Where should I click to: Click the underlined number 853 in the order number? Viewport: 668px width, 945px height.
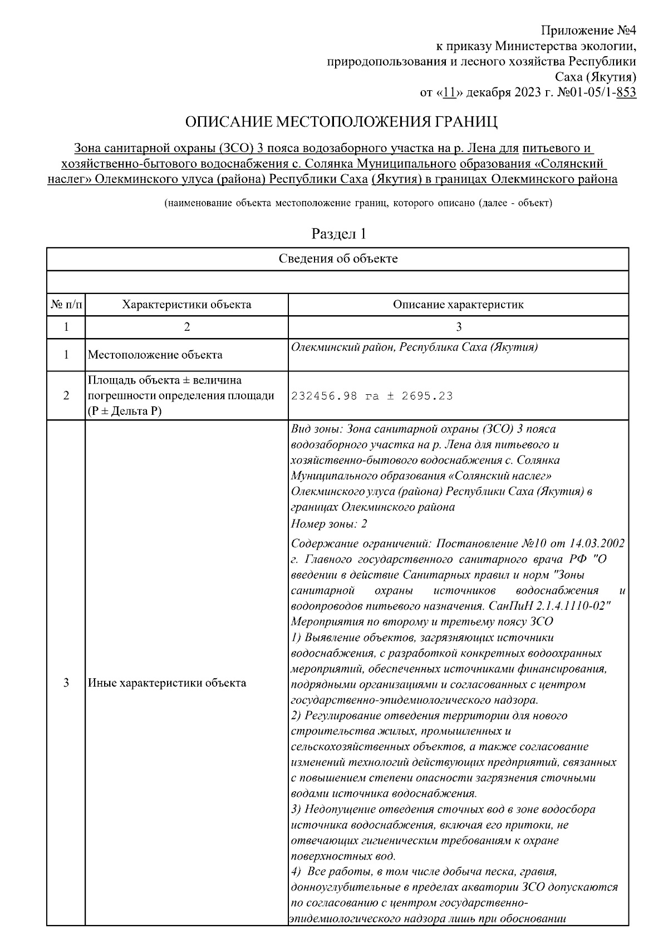click(x=627, y=92)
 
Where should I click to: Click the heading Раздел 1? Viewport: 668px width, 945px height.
click(x=338, y=234)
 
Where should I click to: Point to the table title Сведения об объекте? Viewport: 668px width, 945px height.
click(x=338, y=259)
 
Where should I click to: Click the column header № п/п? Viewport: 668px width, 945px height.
click(x=66, y=305)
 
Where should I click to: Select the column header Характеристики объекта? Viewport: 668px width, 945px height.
click(x=186, y=305)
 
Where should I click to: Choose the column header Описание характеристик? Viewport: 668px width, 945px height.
click(x=458, y=305)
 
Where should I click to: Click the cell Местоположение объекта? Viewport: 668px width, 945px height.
click(x=155, y=355)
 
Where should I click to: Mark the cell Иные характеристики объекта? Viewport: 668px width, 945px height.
click(x=167, y=683)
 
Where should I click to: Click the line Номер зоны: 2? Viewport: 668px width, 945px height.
click(x=329, y=524)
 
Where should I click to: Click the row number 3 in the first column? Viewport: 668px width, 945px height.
click(x=66, y=683)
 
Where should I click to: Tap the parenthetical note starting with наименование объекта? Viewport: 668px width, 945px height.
click(x=358, y=203)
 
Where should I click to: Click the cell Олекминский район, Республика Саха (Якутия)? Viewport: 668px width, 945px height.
click(x=414, y=347)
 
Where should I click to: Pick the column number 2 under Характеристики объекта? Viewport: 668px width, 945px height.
click(x=186, y=327)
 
